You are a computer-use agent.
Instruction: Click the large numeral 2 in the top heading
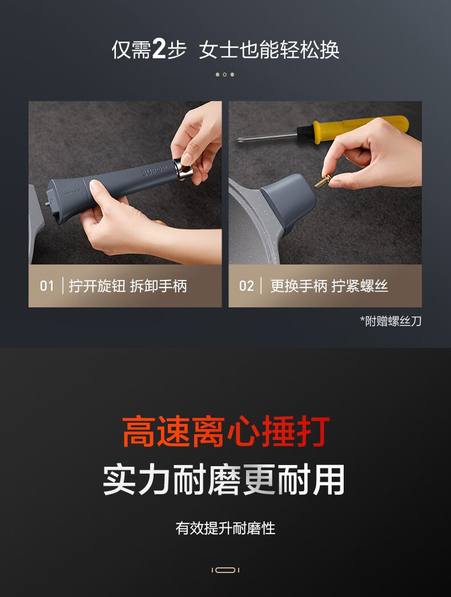point(159,49)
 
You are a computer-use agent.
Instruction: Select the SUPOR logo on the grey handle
point(154,172)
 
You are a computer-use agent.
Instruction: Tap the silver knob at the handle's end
point(183,169)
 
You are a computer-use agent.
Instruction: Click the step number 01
point(47,286)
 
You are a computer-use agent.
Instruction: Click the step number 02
point(246,286)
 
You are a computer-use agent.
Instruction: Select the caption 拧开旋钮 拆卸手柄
point(128,286)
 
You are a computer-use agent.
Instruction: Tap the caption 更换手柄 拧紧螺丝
point(329,286)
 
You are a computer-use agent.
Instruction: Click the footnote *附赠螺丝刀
point(391,321)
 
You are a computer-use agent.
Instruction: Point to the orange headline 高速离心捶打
point(226,432)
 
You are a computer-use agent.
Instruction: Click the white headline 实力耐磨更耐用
point(224,480)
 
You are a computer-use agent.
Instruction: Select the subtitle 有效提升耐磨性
point(226,528)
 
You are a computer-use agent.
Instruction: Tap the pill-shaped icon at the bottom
point(226,570)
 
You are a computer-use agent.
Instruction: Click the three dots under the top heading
point(225,75)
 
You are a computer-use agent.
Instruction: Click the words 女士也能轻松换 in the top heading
point(269,50)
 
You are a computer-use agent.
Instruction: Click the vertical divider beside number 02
point(261,286)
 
